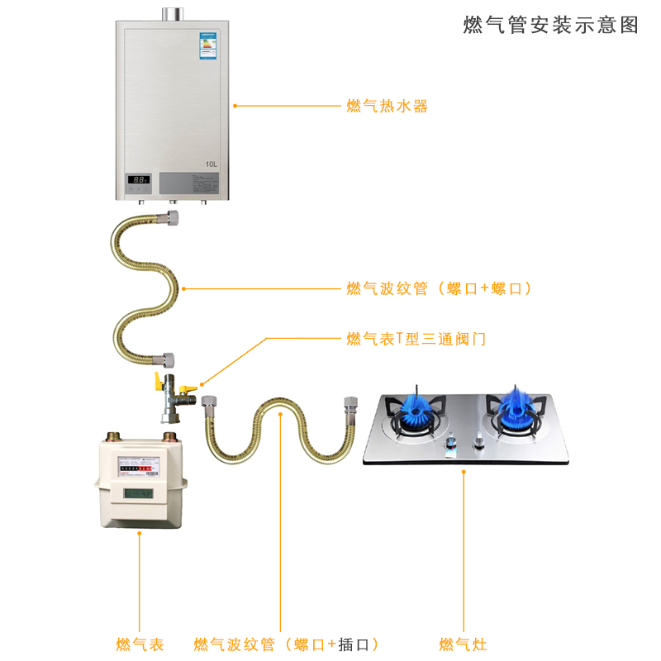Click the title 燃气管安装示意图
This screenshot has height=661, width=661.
[551, 25]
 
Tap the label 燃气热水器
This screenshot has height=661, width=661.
[388, 106]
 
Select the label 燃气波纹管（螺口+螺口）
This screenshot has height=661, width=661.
[439, 288]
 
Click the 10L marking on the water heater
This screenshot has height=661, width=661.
[211, 164]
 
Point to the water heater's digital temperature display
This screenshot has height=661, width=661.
[138, 179]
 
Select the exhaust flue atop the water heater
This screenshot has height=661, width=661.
[172, 14]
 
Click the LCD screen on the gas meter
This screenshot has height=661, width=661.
[138, 493]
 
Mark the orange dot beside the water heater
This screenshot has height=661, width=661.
[235, 106]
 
